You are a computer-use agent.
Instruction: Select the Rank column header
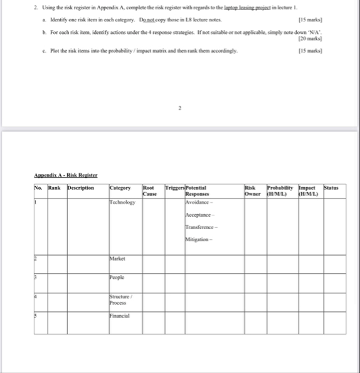[x=55, y=187]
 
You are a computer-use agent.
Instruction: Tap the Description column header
[x=81, y=187]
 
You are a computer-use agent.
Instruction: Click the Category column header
[x=120, y=187]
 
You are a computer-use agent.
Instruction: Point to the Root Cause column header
[x=149, y=190]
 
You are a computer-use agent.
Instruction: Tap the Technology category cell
[x=122, y=202]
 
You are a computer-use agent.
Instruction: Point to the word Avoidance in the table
[x=199, y=202]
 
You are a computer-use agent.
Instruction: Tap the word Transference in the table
[x=201, y=227]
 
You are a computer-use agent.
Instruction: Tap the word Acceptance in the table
[x=199, y=215]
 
